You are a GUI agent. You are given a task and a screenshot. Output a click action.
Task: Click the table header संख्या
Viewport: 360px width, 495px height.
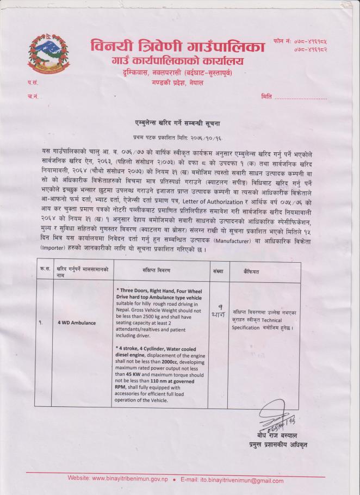tap(219, 270)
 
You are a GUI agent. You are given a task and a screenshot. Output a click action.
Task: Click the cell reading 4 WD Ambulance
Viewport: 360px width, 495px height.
tap(77, 323)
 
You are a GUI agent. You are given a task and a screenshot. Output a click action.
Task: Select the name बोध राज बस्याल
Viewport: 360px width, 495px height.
tap(278, 436)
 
